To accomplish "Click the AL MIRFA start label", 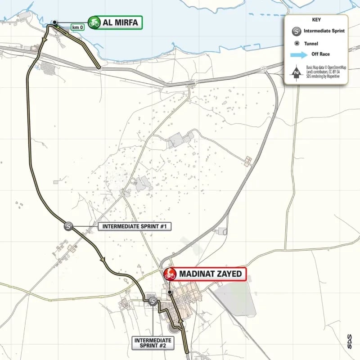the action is pos(120,22).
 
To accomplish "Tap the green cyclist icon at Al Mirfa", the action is pos(94,22).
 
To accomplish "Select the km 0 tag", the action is pos(77,27).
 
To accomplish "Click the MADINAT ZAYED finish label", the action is pos(211,274).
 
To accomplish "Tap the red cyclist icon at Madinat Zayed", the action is pos(170,274).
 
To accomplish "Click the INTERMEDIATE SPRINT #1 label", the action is pos(135,226).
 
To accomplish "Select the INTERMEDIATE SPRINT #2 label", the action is pos(153,343).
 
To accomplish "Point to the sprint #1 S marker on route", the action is pos(68,226).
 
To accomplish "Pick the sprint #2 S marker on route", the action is pos(153,301).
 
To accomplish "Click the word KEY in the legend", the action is pos(316,20).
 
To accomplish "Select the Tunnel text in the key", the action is pos(311,44).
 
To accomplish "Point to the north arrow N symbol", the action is pos(296,72).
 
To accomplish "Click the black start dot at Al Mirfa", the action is pos(54,22).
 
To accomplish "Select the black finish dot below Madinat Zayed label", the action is pos(170,292).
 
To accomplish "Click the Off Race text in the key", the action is pos(321,54).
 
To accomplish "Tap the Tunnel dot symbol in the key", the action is pos(297,44).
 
